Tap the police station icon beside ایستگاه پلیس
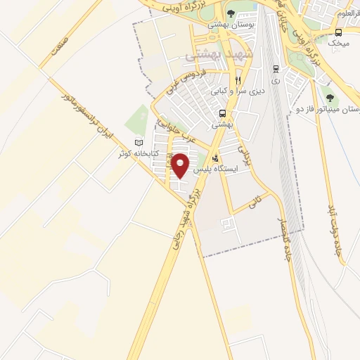[215, 157]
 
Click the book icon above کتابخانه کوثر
[139, 143]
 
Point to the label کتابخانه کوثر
[138, 153]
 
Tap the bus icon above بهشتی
[223, 113]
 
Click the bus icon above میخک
[339, 32]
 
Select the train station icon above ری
[276, 69]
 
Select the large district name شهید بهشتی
[213, 54]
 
